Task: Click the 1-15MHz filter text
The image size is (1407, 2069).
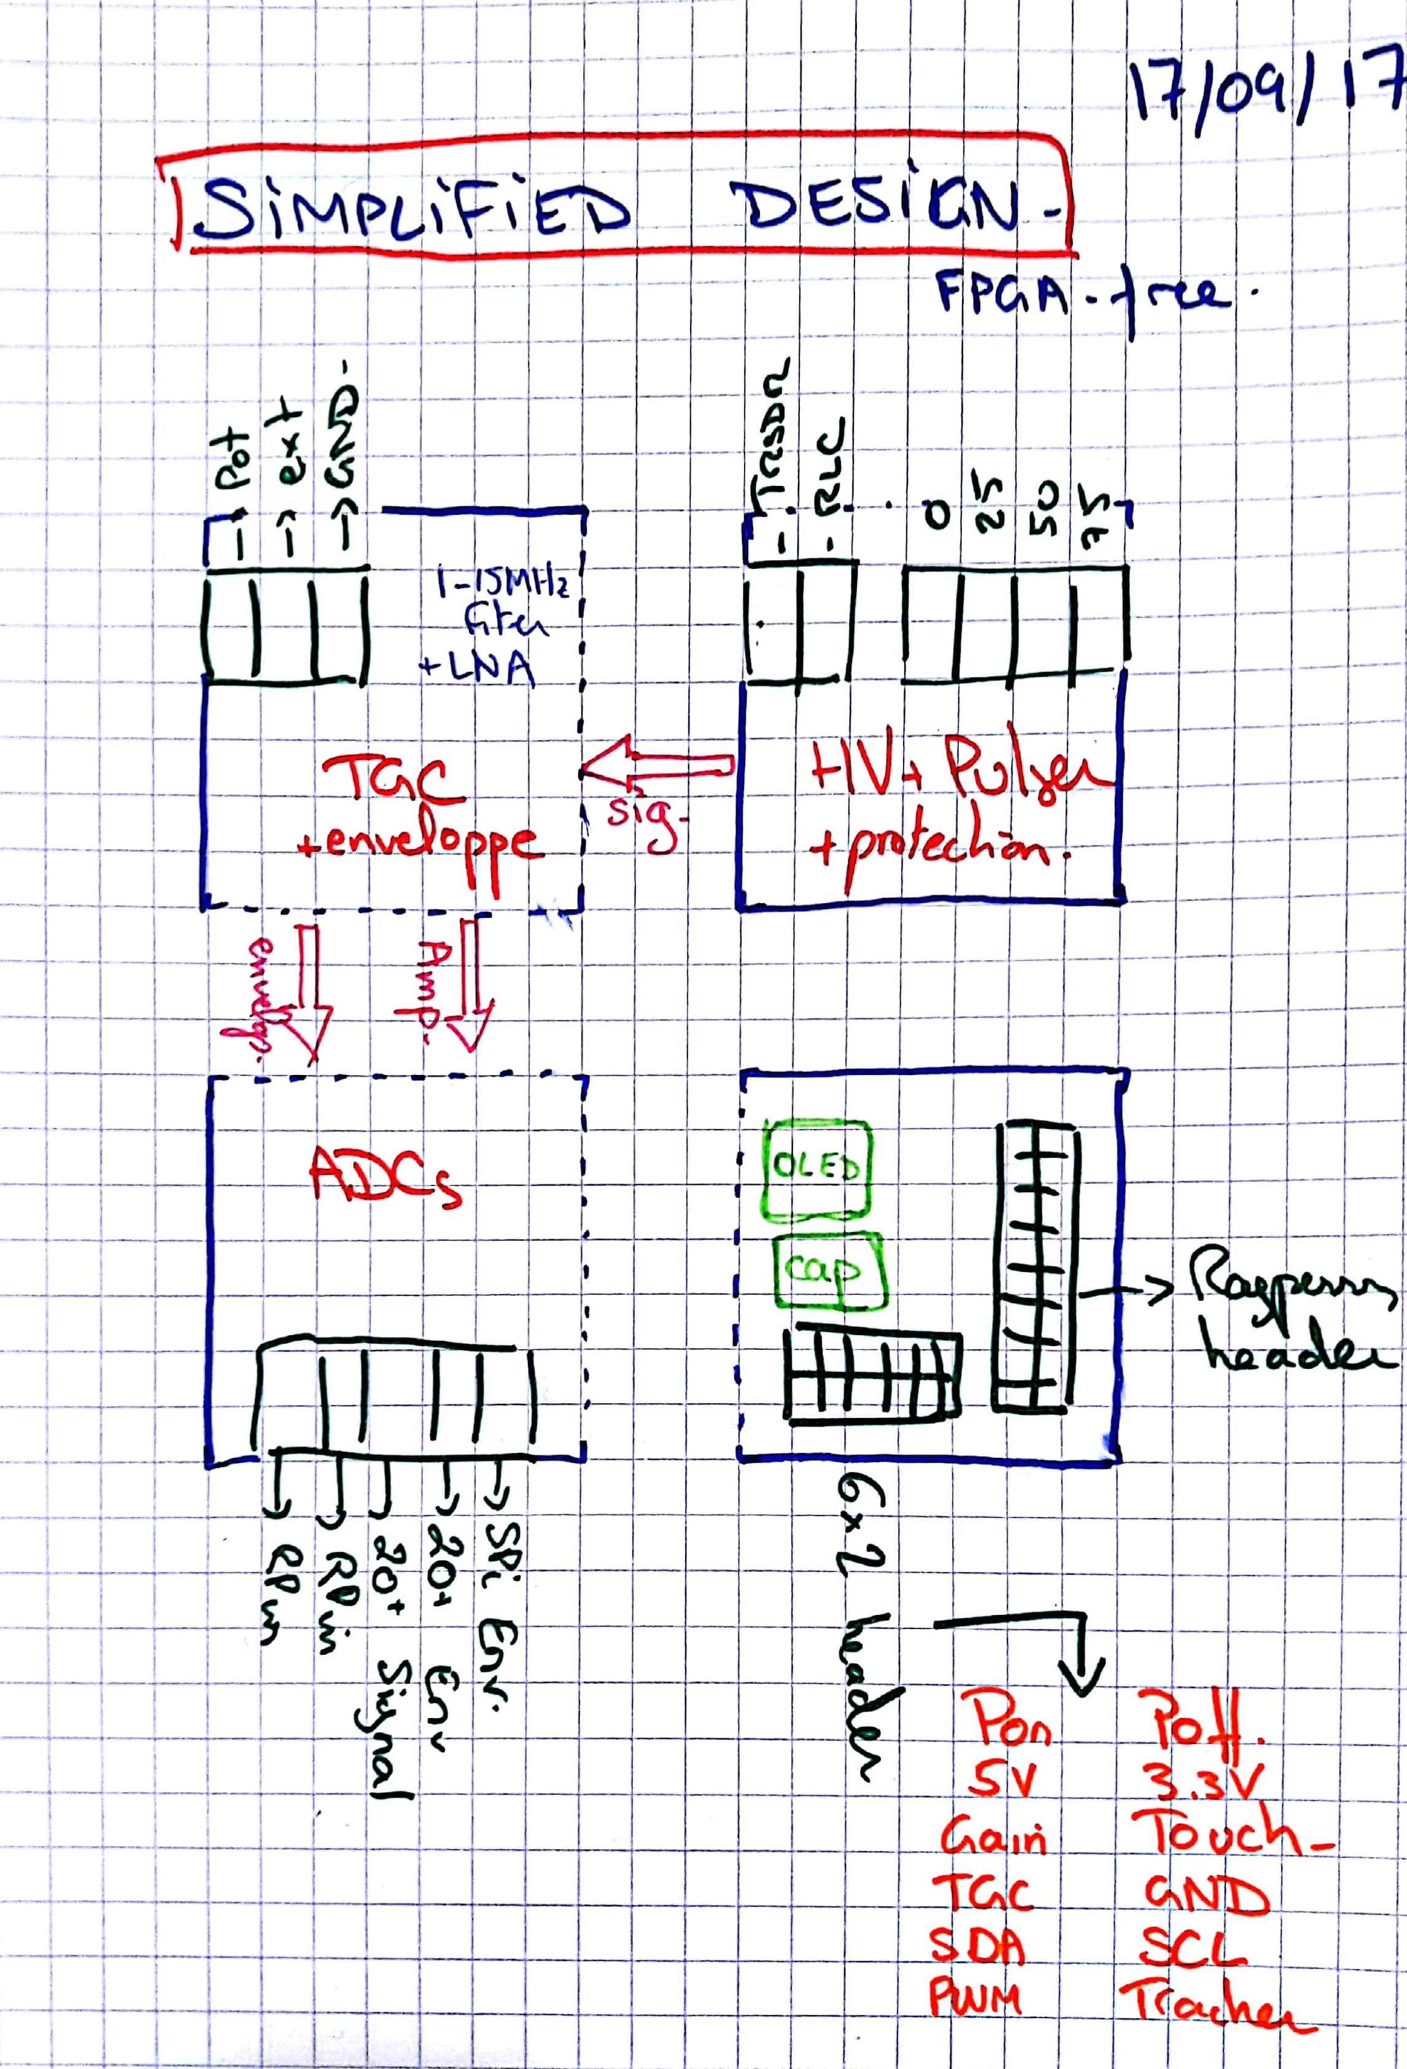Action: [504, 604]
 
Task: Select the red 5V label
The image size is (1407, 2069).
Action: [1002, 1781]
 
